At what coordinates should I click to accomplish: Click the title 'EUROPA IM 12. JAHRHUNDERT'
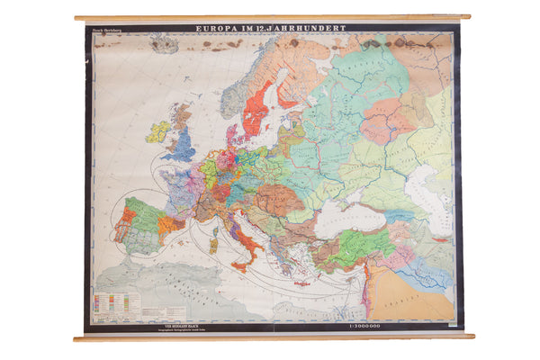click(x=271, y=29)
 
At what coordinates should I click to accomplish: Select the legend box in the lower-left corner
click(x=116, y=304)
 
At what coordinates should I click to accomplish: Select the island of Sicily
click(x=242, y=266)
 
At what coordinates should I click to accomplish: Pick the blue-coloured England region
click(x=180, y=144)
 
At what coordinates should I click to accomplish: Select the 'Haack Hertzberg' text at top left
click(x=104, y=30)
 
